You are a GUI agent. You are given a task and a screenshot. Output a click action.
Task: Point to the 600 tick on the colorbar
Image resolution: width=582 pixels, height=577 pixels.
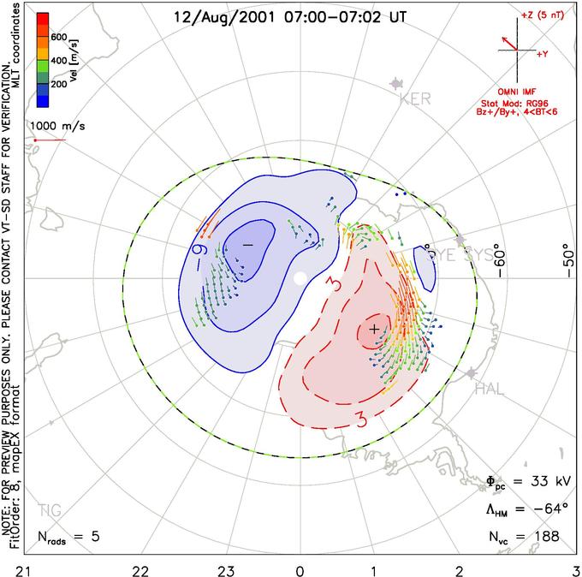tap(59, 38)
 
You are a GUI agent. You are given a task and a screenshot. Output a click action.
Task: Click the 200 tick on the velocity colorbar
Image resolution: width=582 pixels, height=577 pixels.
tap(59, 85)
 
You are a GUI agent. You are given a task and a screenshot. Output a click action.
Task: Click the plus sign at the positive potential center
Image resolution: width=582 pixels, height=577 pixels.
tap(374, 328)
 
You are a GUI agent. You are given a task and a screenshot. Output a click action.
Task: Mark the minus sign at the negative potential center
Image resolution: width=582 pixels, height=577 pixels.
tap(248, 245)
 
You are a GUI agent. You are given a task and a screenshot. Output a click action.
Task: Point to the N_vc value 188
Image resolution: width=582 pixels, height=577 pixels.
tap(544, 536)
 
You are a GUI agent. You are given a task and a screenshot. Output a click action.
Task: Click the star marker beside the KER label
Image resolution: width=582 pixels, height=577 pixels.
tap(395, 83)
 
